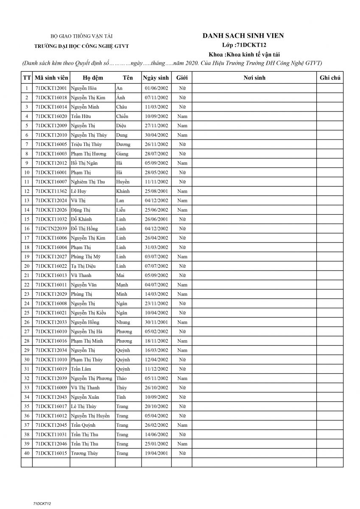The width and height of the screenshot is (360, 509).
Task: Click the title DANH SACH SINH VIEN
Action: point(243,36)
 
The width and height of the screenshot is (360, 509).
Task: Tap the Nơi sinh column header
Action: point(254,78)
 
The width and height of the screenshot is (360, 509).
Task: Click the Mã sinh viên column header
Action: point(51,78)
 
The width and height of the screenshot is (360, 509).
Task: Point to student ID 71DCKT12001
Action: point(51,88)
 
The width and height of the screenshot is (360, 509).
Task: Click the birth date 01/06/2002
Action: point(156,88)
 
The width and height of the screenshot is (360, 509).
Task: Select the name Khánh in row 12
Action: point(123,191)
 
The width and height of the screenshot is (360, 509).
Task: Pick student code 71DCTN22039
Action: point(51,229)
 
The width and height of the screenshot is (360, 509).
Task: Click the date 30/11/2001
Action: point(156,322)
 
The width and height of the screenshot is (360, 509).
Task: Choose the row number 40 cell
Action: point(27,453)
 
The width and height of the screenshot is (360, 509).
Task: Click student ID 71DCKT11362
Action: point(51,191)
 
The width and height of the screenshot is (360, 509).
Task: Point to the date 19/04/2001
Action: point(156,453)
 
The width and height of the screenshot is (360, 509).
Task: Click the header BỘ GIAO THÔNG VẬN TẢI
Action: point(81,37)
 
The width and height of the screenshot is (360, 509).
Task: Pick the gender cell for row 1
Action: point(182,88)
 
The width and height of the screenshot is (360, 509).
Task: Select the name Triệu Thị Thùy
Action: point(87,145)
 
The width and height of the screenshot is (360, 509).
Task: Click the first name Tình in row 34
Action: point(121,397)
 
